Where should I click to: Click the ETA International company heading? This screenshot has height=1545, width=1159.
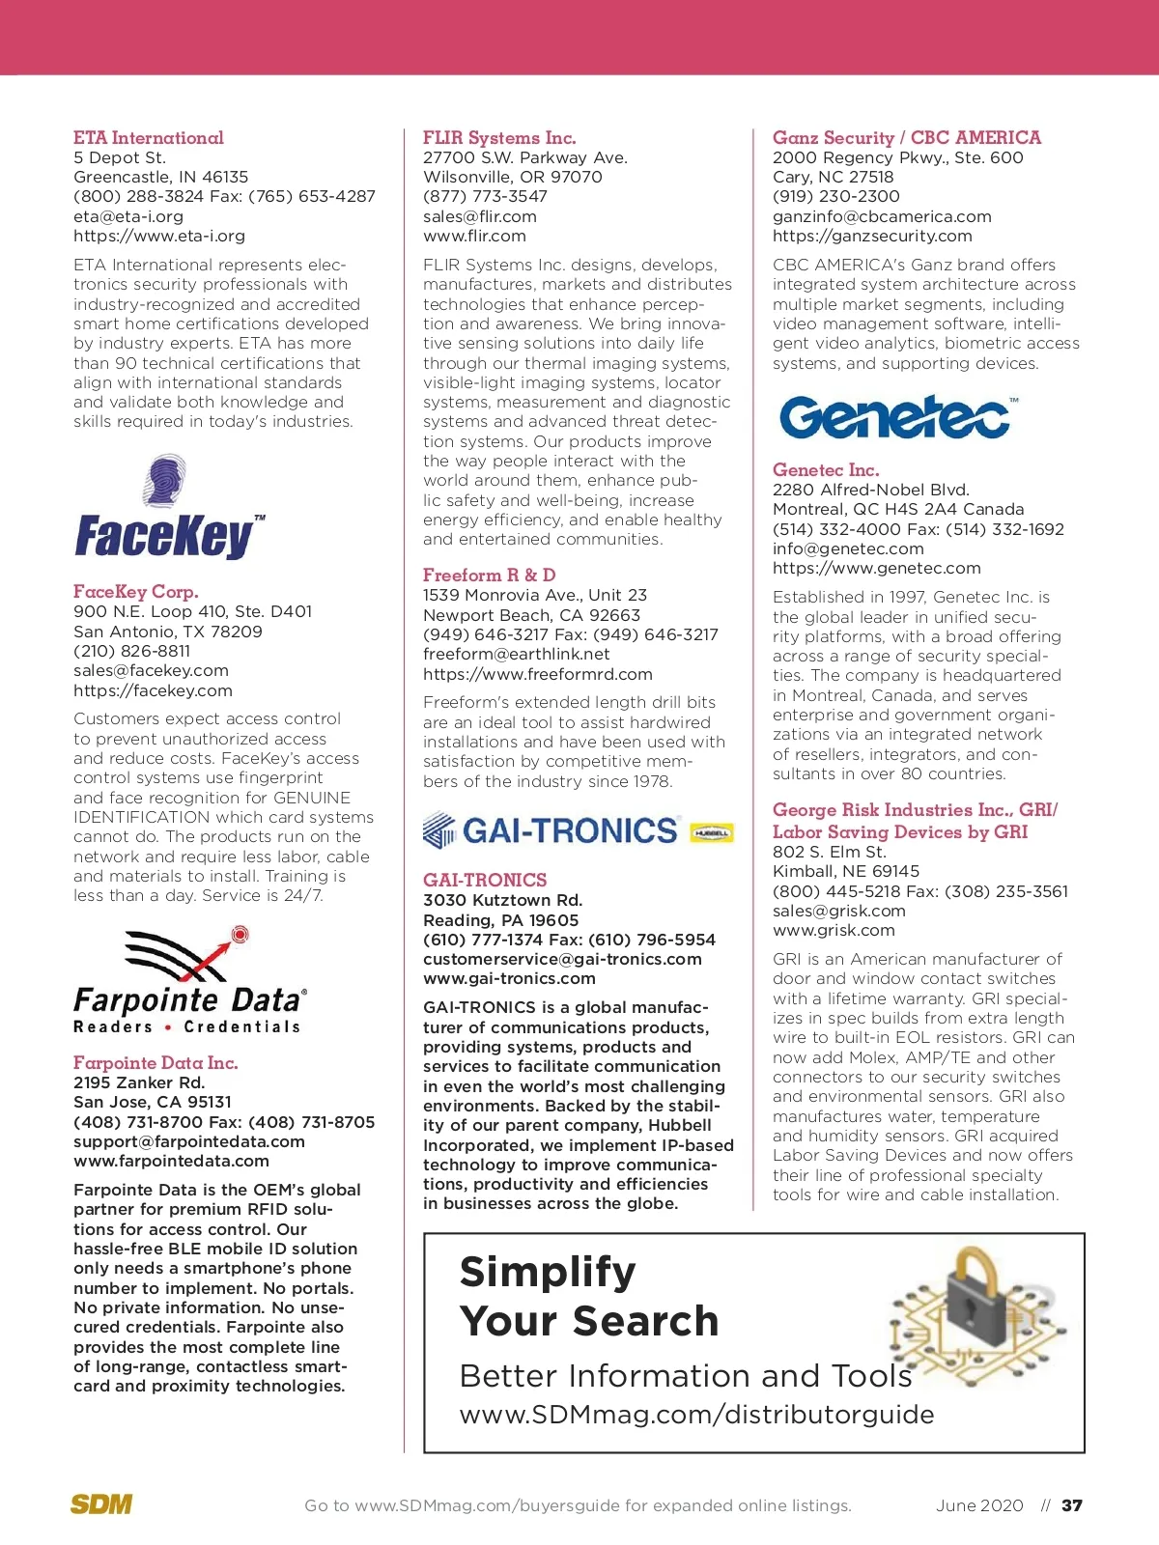(x=149, y=138)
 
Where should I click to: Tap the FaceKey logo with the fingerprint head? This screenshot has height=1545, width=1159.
(x=170, y=508)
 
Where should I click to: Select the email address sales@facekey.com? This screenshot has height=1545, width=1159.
(x=151, y=670)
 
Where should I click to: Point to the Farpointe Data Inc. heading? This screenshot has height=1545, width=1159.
(x=155, y=1063)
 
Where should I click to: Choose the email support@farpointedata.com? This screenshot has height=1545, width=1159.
(x=189, y=1141)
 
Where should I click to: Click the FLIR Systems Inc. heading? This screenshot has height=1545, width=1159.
(x=499, y=138)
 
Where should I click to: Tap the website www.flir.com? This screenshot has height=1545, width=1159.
(x=474, y=236)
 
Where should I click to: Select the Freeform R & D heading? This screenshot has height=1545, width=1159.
(x=489, y=576)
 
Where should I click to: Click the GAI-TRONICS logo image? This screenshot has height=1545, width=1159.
(x=551, y=830)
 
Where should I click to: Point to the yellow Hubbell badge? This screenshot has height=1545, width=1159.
(x=713, y=832)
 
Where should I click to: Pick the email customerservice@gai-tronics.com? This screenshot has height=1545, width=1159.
(x=562, y=959)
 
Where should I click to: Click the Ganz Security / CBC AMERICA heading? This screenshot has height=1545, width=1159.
(x=907, y=138)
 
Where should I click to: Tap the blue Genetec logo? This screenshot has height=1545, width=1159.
(x=897, y=417)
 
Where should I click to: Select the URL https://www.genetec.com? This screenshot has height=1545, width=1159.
(x=876, y=568)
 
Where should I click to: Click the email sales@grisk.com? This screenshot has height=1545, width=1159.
(x=839, y=911)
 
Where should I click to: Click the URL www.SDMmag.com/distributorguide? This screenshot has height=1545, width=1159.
(x=696, y=1415)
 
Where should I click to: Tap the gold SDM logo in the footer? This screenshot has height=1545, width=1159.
(x=101, y=1504)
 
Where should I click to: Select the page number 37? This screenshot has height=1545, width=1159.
(x=1072, y=1505)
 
